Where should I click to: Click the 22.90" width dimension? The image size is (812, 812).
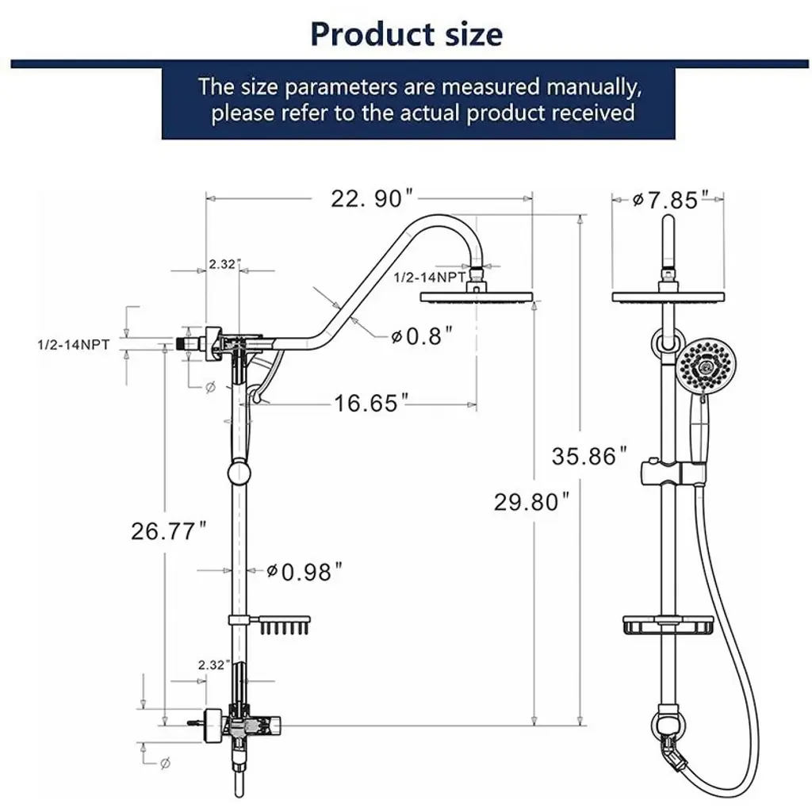pyautogui.click(x=372, y=198)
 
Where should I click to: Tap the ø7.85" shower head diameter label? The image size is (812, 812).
pyautogui.click(x=671, y=200)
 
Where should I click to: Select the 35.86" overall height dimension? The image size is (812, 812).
pyautogui.click(x=589, y=456)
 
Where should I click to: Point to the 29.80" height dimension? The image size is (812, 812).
pyautogui.click(x=531, y=502)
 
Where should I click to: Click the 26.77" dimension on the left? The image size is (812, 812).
pyautogui.click(x=169, y=531)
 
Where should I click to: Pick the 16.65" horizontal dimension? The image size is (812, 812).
pyautogui.click(x=371, y=403)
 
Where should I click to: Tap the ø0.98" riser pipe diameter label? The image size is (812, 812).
pyautogui.click(x=304, y=572)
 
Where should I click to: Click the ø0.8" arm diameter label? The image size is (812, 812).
pyautogui.click(x=422, y=336)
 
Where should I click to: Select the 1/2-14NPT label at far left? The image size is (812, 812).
pyautogui.click(x=74, y=345)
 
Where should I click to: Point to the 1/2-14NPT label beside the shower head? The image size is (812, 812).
pyautogui.click(x=430, y=278)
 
